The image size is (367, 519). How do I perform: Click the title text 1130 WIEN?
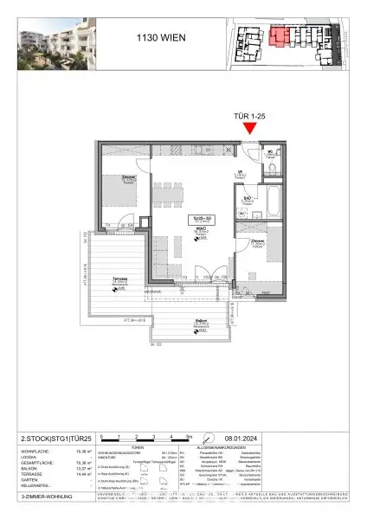coord(161,37)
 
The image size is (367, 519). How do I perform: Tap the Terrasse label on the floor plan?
coord(120,280)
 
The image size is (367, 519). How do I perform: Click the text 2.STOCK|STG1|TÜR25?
coord(42,438)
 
